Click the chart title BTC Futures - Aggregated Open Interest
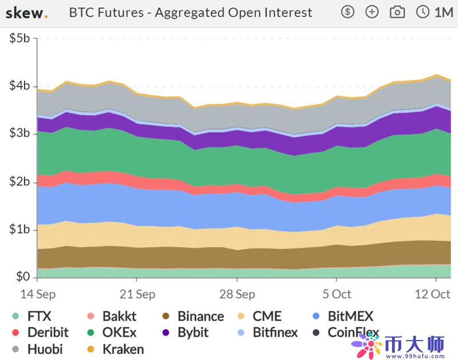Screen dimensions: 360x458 (191, 11)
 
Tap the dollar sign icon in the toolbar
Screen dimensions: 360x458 (348, 11)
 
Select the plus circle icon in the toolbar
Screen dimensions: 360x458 (372, 11)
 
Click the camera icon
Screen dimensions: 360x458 (397, 11)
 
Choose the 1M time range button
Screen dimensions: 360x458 (436, 11)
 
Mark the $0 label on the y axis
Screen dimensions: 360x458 (23, 277)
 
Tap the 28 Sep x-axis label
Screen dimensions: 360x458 (237, 294)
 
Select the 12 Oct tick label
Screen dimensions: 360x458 (432, 294)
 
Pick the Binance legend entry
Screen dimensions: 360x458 (194, 316)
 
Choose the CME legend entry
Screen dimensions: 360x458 (261, 316)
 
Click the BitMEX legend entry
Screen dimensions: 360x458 (343, 316)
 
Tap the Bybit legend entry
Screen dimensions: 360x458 (186, 332)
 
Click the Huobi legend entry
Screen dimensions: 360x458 (38, 349)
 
